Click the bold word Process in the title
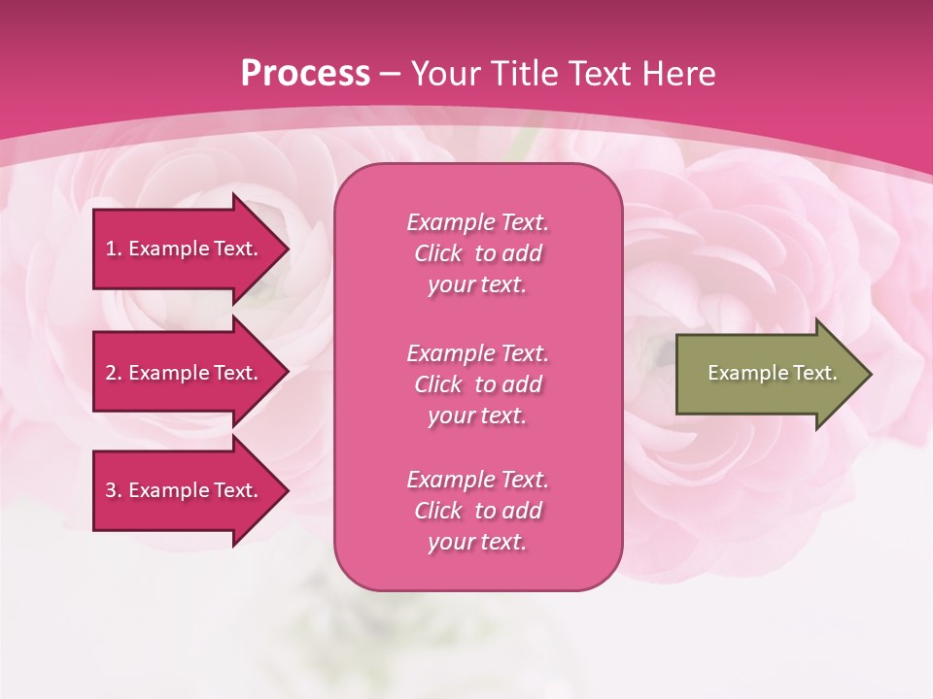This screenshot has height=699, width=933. [x=305, y=74]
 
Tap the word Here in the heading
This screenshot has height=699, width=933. [x=678, y=74]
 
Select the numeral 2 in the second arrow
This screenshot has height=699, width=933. [x=111, y=373]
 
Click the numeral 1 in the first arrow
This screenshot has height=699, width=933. [x=111, y=249]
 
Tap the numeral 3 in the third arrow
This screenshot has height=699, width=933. [x=111, y=490]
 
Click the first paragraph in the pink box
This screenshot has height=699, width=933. [x=477, y=253]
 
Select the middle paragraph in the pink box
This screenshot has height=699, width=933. [x=477, y=384]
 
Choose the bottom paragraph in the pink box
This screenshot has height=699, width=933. [x=477, y=511]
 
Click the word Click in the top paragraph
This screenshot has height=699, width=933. [x=438, y=253]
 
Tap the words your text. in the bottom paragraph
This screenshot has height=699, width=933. [x=477, y=543]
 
